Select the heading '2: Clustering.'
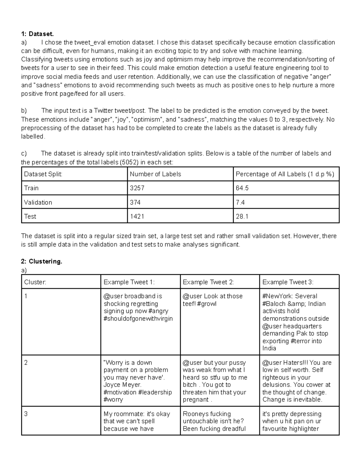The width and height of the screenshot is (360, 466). (42, 261)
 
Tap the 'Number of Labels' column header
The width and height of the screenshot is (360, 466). (155, 174)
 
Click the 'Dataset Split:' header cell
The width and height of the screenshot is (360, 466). (43, 174)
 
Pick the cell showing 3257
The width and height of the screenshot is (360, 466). (137, 188)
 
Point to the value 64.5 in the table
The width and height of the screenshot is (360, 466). (242, 188)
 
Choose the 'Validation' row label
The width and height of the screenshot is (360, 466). (38, 203)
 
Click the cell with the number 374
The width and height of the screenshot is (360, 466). (135, 203)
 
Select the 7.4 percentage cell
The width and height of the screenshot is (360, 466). (240, 203)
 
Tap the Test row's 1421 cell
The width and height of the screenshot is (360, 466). (137, 216)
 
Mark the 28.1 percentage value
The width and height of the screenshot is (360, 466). (242, 216)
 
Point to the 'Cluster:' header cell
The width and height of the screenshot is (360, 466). (35, 282)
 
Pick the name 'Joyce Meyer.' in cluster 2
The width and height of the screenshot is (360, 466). (122, 385)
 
